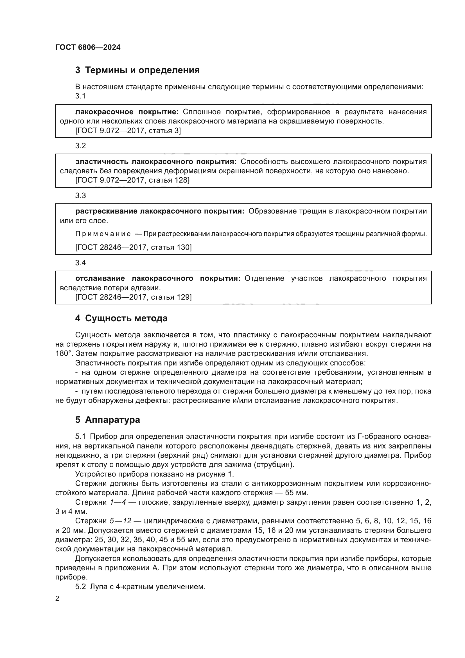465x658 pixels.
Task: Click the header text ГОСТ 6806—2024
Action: (88, 47)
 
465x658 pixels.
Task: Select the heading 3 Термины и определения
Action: (137, 70)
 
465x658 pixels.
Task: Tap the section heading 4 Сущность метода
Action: (121, 318)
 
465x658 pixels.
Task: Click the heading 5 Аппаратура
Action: (107, 419)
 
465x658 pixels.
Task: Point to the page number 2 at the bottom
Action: (57, 598)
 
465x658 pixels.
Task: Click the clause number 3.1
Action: (80, 96)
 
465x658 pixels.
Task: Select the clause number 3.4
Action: (80, 263)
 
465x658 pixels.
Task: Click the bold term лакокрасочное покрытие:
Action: (127, 112)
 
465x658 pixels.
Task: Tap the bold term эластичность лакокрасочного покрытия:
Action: (156, 162)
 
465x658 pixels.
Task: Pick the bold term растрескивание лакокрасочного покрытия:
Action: (160, 211)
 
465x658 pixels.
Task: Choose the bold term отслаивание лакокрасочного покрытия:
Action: (158, 278)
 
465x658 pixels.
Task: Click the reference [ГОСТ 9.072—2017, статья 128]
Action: (132, 180)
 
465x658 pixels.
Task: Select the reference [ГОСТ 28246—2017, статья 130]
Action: (134, 247)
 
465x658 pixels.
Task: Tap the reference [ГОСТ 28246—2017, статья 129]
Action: (134, 297)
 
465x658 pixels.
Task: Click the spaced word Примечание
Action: (103, 234)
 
